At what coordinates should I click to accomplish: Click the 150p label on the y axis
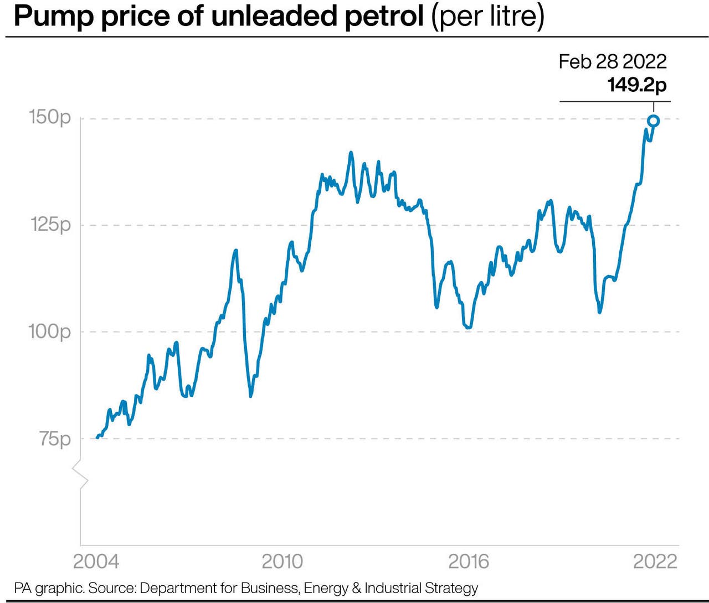point(50,117)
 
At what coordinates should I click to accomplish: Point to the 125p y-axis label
point(50,225)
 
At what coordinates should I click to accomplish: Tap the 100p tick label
point(50,331)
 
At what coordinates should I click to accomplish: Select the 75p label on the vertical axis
point(55,439)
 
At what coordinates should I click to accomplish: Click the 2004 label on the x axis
point(96,562)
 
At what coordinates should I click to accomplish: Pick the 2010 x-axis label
point(282,562)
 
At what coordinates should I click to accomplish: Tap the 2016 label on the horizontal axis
point(469,562)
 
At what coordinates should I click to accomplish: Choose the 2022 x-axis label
point(655,562)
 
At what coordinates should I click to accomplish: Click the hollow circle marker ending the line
point(653,121)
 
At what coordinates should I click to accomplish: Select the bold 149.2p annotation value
point(636,85)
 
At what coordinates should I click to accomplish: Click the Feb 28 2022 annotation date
point(612,61)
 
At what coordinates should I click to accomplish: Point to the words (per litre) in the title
point(488,17)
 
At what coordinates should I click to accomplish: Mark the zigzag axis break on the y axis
point(81,474)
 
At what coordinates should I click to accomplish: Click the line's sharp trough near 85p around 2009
point(250,396)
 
